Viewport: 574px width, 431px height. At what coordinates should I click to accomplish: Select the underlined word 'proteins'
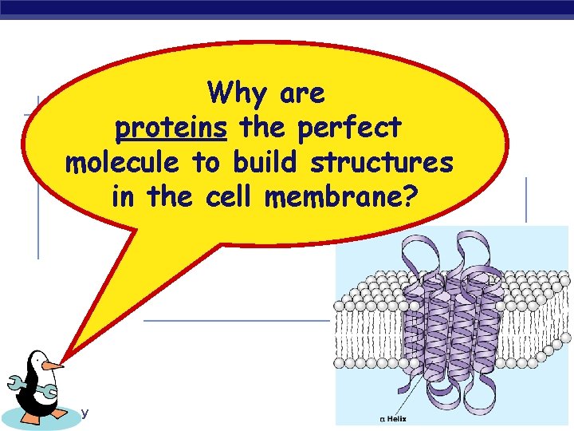click(x=171, y=129)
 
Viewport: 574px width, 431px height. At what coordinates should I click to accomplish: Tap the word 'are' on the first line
click(x=303, y=95)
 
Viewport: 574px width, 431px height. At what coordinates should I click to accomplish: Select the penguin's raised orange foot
click(x=61, y=413)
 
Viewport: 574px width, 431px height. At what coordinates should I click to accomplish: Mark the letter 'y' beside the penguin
click(x=85, y=413)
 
